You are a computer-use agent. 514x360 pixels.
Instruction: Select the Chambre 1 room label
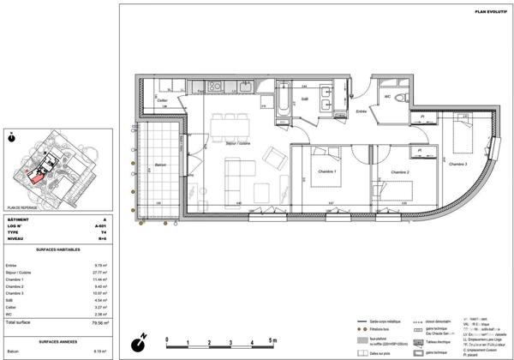[328, 172]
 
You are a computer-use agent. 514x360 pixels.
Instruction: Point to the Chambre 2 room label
[399, 172]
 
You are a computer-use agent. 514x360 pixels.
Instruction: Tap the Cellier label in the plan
[162, 100]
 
